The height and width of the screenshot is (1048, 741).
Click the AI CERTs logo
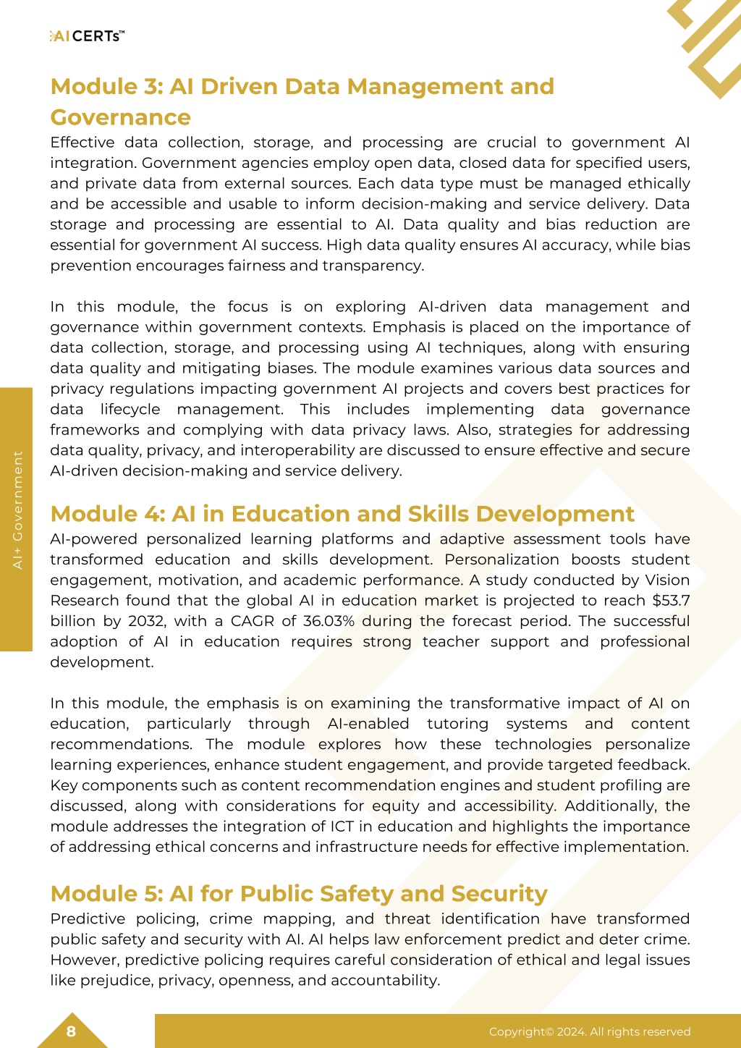[x=87, y=36]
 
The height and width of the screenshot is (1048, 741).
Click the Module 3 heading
[x=302, y=101]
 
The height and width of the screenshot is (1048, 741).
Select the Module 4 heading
[x=342, y=514]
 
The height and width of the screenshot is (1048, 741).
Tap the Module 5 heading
[x=299, y=894]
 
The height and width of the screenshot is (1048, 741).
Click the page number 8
[x=71, y=1031]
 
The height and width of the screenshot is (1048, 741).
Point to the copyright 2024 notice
[x=589, y=1032]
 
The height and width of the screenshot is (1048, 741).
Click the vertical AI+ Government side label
[x=17, y=510]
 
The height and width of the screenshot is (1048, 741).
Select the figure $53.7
[x=671, y=601]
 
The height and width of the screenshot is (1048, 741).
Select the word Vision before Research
[x=666, y=580]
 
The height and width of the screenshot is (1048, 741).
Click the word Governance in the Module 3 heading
[x=120, y=117]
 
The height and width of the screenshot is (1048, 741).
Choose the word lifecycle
[x=130, y=410]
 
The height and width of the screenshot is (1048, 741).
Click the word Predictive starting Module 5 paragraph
[x=87, y=919]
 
